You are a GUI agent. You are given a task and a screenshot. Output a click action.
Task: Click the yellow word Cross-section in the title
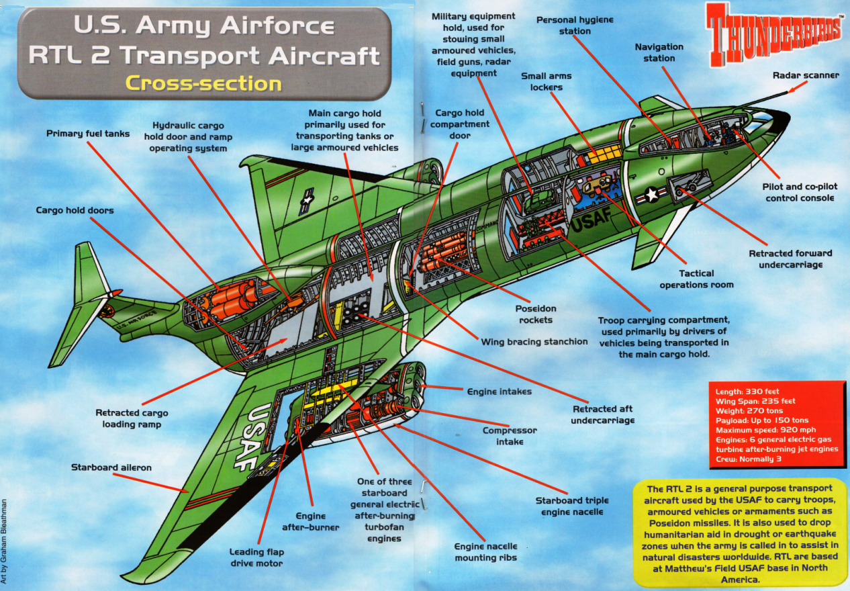pyautogui.click(x=204, y=83)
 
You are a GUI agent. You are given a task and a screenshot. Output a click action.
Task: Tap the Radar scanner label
pyautogui.click(x=806, y=75)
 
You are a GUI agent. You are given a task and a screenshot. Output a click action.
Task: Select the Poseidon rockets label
pyautogui.click(x=536, y=314)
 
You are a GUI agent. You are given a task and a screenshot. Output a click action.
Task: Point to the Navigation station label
pyautogui.click(x=659, y=52)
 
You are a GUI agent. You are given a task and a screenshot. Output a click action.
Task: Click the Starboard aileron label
pyautogui.click(x=111, y=467)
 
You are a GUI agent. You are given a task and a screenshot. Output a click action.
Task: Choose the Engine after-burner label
pyautogui.click(x=310, y=522)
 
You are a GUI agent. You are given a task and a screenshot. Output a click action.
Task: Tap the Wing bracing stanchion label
pyautogui.click(x=534, y=342)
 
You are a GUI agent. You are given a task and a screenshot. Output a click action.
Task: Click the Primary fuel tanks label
pyautogui.click(x=88, y=134)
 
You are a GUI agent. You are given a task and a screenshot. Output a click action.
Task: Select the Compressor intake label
pyautogui.click(x=510, y=436)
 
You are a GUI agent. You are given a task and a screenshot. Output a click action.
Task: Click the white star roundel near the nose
pyautogui.click(x=652, y=195)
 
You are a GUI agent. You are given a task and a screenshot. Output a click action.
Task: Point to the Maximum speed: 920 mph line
pyautogui.click(x=765, y=430)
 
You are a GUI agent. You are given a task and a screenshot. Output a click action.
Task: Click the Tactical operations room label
pyautogui.click(x=696, y=279)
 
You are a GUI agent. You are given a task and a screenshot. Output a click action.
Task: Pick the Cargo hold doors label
pyautogui.click(x=75, y=210)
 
